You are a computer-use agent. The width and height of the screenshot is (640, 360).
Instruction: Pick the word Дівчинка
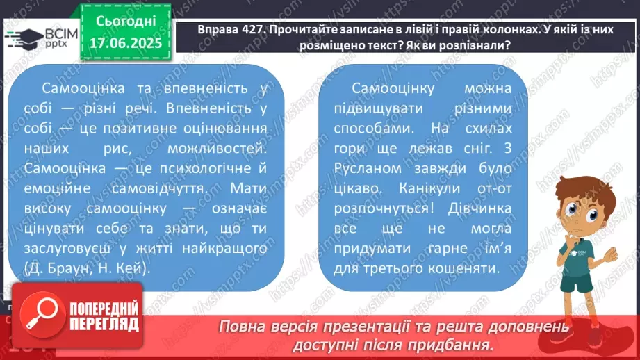coord(475,208)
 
